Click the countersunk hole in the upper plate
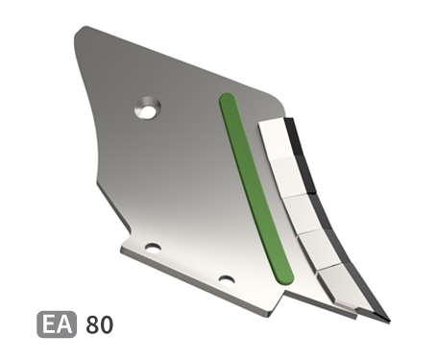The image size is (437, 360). click(148, 108)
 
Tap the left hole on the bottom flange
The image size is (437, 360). click(153, 248)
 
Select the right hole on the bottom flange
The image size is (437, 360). click(227, 280)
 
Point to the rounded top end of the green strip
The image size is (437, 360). click(228, 98)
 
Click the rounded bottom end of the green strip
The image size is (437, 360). click(284, 276)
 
